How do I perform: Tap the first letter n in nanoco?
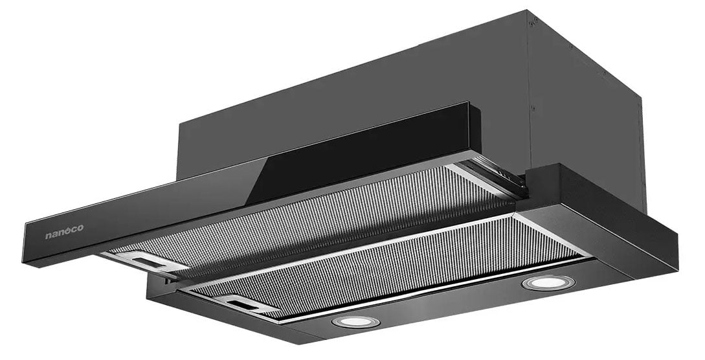coord(48,236)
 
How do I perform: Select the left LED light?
coord(352,321)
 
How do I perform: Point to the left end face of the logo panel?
coord(27,243)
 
